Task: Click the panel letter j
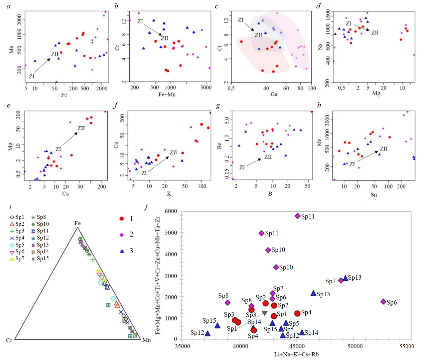coord(146,207)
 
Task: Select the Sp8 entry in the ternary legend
coord(39,217)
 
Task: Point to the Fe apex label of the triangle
coord(77,223)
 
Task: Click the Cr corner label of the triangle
coord(9,340)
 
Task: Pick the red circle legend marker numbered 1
coord(122,219)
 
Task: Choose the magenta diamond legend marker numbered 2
coord(122,234)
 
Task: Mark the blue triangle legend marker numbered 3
coord(122,251)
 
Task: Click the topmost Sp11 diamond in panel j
coord(298,216)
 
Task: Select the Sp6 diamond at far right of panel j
coord(383,301)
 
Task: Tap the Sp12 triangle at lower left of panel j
coord(208,334)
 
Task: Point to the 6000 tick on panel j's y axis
coord(171,211)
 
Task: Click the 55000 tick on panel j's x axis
coord(407,346)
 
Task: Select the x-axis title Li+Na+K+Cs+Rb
coord(296,354)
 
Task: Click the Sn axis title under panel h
coord(374,194)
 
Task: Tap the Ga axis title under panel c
coord(274,94)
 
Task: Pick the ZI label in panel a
coord(32,76)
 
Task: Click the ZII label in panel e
coord(81,128)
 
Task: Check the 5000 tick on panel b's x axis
coord(206,88)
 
